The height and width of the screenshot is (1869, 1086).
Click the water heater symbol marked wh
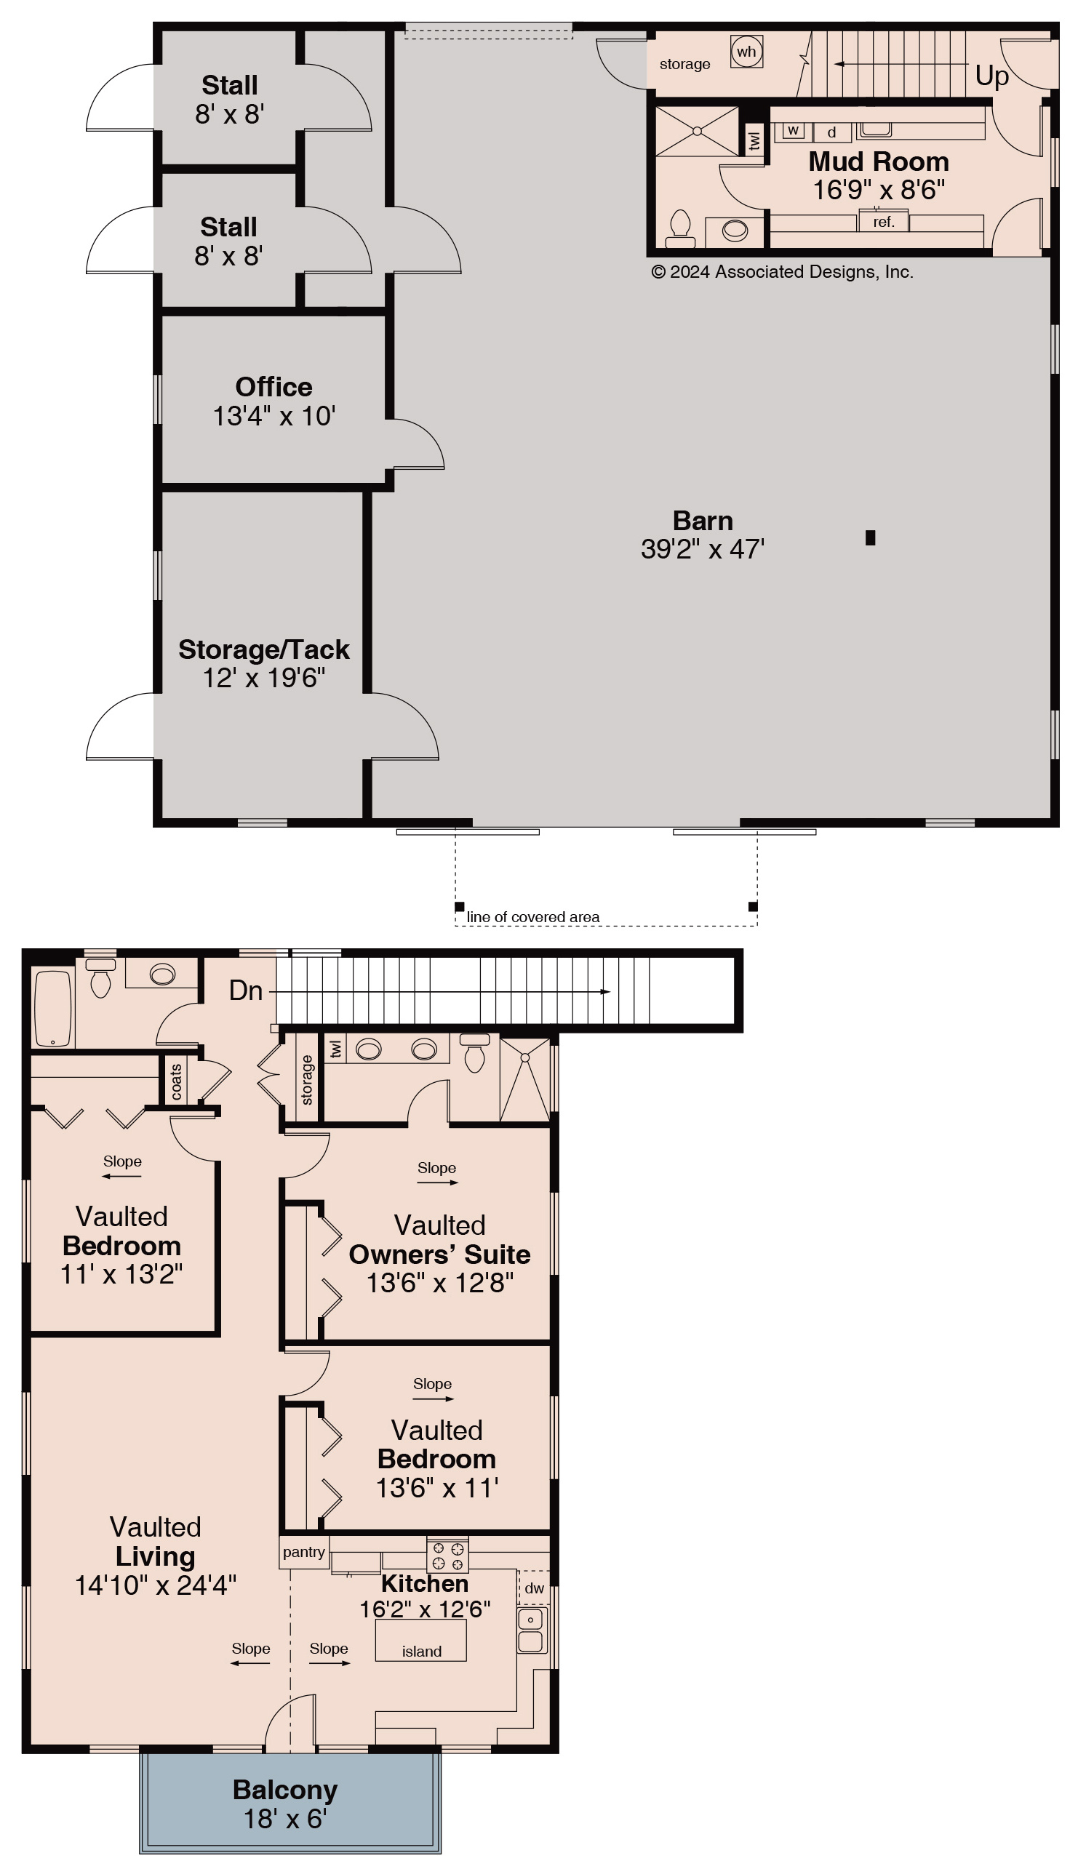point(746,52)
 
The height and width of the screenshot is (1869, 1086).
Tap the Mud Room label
point(878,161)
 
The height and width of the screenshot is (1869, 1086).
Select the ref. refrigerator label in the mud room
point(884,222)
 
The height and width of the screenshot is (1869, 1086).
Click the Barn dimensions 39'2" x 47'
point(703,549)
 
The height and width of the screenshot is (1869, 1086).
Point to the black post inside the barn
point(870,537)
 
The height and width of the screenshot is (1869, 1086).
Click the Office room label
point(274,386)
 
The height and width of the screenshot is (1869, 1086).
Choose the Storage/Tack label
point(263,649)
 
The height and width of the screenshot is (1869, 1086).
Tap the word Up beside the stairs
point(991,76)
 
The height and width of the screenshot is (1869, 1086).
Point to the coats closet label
point(176,1082)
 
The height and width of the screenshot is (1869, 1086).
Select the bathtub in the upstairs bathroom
point(52,1008)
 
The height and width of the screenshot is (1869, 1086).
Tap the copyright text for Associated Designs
point(782,272)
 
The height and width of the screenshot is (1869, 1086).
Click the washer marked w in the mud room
point(793,129)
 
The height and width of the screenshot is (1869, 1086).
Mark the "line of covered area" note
point(532,917)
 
